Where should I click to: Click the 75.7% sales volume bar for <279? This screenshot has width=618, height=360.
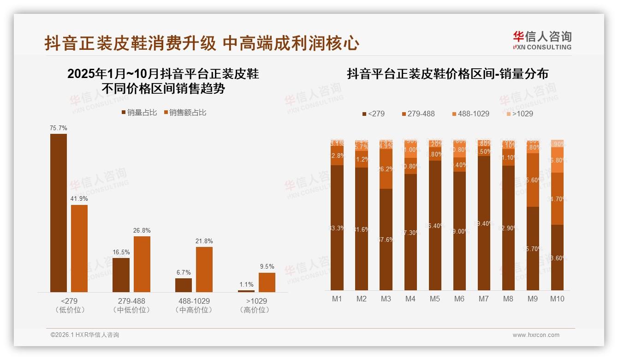[x=59, y=213]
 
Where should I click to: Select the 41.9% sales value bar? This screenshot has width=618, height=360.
[x=79, y=248]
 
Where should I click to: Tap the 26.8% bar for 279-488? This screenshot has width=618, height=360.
[x=142, y=264]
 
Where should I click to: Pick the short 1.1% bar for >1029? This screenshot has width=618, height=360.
[x=246, y=291]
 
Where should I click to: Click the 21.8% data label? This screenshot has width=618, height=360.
[x=204, y=241]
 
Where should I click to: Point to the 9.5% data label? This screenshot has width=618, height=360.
[x=267, y=266]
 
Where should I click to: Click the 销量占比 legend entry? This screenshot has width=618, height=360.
[x=139, y=112]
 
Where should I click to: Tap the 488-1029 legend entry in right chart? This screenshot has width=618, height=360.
[x=470, y=114]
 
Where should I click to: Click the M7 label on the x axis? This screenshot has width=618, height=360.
[x=483, y=299]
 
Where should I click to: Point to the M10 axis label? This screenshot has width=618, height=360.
[x=557, y=299]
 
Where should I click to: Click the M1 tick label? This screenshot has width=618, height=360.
[x=337, y=299]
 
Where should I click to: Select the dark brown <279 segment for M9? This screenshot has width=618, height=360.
[x=533, y=248]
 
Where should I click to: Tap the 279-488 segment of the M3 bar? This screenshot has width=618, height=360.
[x=386, y=168]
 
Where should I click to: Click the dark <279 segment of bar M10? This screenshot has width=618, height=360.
[x=557, y=257]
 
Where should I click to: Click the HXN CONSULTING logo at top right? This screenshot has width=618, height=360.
[x=542, y=40]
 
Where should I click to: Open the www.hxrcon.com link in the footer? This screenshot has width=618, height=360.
[x=536, y=335]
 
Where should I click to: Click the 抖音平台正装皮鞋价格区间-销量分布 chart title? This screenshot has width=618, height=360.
[x=447, y=74]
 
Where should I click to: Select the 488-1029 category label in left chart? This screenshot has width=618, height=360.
[x=194, y=301]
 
